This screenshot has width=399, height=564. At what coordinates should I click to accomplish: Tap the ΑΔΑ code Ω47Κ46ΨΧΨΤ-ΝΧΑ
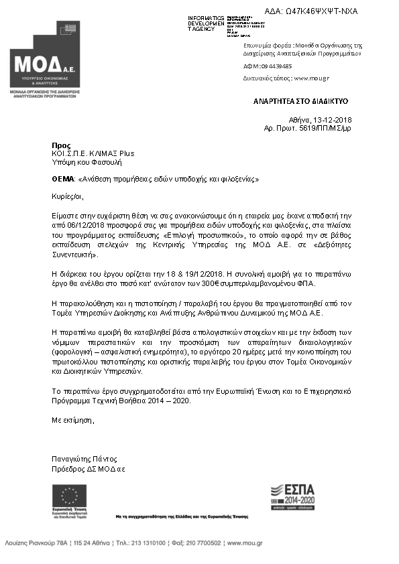point(320,11)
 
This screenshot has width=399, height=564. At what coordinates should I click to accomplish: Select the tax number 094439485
point(277,66)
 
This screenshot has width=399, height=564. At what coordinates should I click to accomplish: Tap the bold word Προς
point(60,145)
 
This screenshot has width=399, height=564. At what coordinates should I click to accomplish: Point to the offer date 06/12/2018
point(92,228)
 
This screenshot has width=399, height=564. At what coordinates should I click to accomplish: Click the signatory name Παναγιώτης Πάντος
point(84,459)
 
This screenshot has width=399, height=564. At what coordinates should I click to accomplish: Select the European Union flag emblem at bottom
point(69,495)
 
